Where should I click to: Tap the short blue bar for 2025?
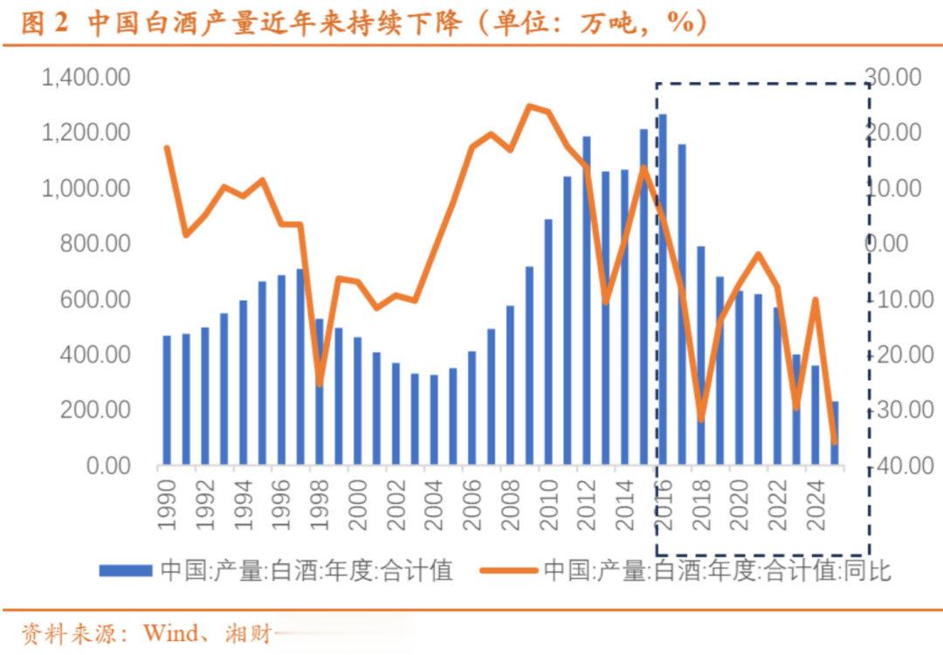tap(834, 432)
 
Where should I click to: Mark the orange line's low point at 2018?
tap(700, 420)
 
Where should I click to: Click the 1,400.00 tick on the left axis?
tap(86, 78)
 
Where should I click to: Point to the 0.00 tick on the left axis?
tap(103, 465)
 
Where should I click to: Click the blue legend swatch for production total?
tap(127, 571)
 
